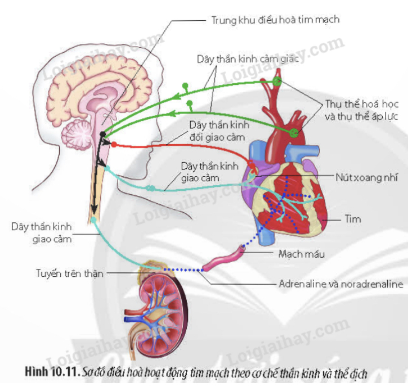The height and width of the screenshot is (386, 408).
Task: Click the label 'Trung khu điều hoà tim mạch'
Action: click(275, 20)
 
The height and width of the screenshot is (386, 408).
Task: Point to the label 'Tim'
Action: click(353, 218)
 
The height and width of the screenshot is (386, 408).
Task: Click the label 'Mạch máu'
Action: click(302, 254)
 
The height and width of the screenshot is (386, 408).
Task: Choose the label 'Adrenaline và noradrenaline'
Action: click(341, 284)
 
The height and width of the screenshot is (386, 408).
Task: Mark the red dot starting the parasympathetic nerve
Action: click(114, 145)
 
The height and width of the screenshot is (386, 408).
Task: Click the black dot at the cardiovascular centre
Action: click(102, 134)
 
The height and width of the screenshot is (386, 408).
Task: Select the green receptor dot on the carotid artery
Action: click(276, 82)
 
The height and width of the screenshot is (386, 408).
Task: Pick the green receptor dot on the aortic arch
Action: click(293, 132)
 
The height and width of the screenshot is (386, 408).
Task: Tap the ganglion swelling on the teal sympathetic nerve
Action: click(150, 188)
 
